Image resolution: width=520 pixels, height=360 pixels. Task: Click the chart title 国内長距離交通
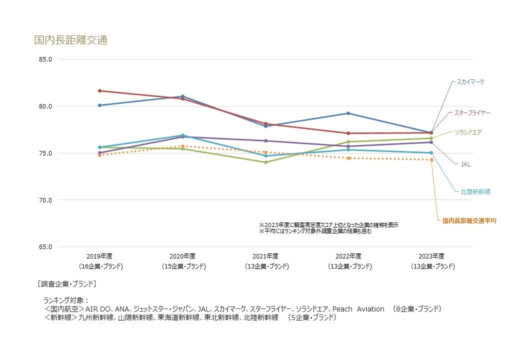pyautogui.click(x=70, y=40)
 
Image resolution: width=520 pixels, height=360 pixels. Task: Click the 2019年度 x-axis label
pyautogui.click(x=99, y=256)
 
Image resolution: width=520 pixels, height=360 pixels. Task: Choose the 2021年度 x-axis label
pyautogui.click(x=265, y=256)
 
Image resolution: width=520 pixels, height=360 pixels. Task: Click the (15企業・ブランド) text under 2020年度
pyautogui.click(x=183, y=266)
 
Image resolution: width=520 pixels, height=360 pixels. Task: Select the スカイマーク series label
pyautogui.click(x=470, y=82)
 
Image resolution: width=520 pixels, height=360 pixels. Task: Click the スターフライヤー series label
pyautogui.click(x=471, y=113)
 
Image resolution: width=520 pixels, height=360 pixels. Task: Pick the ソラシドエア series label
pyautogui.click(x=468, y=132)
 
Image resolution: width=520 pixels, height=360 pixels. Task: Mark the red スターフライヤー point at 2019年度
pyautogui.click(x=100, y=91)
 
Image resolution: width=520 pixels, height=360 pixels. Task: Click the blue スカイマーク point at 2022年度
pyautogui.click(x=348, y=113)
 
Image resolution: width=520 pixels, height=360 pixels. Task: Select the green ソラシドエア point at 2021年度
pyautogui.click(x=265, y=162)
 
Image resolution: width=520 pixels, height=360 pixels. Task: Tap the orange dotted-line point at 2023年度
pyautogui.click(x=431, y=160)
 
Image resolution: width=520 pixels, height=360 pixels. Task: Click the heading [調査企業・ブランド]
pyautogui.click(x=66, y=284)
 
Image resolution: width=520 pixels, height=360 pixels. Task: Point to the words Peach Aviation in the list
pyautogui.click(x=358, y=309)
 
